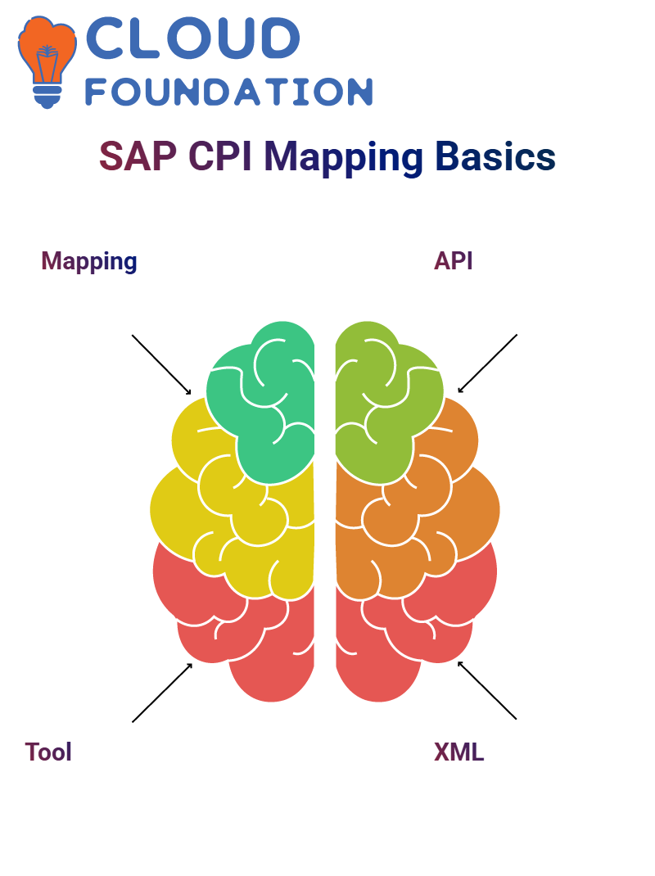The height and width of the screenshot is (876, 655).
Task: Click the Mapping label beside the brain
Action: [x=89, y=261]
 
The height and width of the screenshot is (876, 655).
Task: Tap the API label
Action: [x=454, y=261]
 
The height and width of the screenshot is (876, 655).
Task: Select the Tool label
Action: [x=48, y=752]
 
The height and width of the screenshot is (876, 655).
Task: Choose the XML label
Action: [x=458, y=752]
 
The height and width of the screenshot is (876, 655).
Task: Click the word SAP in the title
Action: [x=138, y=156]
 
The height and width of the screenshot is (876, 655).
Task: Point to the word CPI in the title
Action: [x=220, y=156]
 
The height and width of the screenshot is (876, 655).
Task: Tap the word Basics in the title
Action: [x=495, y=156]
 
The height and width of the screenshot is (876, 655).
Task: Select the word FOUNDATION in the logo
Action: [x=228, y=92]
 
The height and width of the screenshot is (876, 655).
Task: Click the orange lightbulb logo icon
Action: [x=47, y=61]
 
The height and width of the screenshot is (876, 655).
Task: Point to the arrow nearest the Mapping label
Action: [x=161, y=365]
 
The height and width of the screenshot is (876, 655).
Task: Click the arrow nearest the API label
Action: [x=487, y=363]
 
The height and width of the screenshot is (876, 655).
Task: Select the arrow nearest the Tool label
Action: [x=162, y=693]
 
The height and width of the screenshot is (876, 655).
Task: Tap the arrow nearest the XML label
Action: [x=487, y=690]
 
